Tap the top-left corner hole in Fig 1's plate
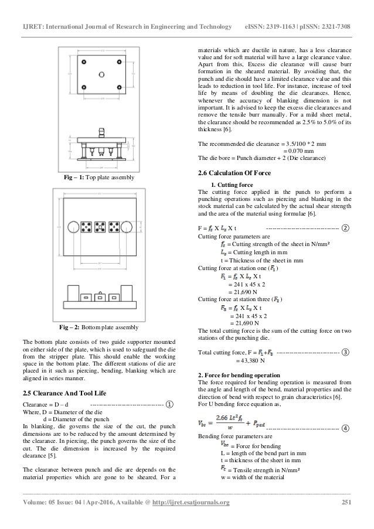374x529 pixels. (86, 62)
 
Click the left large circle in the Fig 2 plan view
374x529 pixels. (73, 228)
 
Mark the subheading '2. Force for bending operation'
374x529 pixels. (240, 357)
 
